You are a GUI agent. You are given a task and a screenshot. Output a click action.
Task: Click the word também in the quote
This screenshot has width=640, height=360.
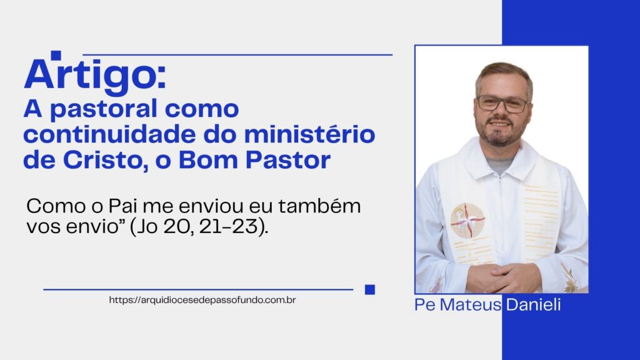(319, 206)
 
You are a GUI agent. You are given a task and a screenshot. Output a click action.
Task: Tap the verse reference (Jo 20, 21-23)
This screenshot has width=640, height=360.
(199, 227)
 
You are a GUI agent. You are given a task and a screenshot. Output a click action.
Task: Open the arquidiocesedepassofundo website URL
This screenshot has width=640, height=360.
(202, 300)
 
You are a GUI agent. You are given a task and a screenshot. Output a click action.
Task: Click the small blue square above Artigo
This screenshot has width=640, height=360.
(56, 55)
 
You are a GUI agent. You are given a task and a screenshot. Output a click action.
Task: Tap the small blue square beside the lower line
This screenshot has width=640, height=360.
(370, 289)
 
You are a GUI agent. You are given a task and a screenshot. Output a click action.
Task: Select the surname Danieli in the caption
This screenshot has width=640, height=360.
(533, 305)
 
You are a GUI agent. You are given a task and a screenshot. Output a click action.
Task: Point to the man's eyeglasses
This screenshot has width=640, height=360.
(502, 104)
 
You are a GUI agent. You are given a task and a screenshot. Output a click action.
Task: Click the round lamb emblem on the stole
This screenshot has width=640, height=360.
(467, 221)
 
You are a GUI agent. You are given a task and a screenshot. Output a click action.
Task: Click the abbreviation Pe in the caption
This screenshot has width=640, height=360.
(425, 305)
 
